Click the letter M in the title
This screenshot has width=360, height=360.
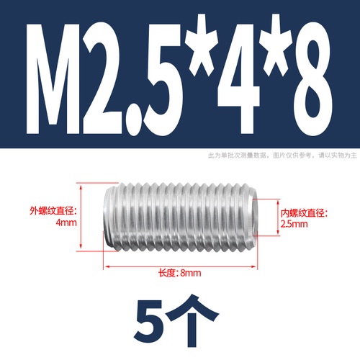tap(53, 78)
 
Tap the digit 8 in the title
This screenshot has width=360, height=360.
tap(313, 78)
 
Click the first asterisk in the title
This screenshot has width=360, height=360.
tap(202, 45)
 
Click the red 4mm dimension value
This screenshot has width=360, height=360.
tap(66, 222)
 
